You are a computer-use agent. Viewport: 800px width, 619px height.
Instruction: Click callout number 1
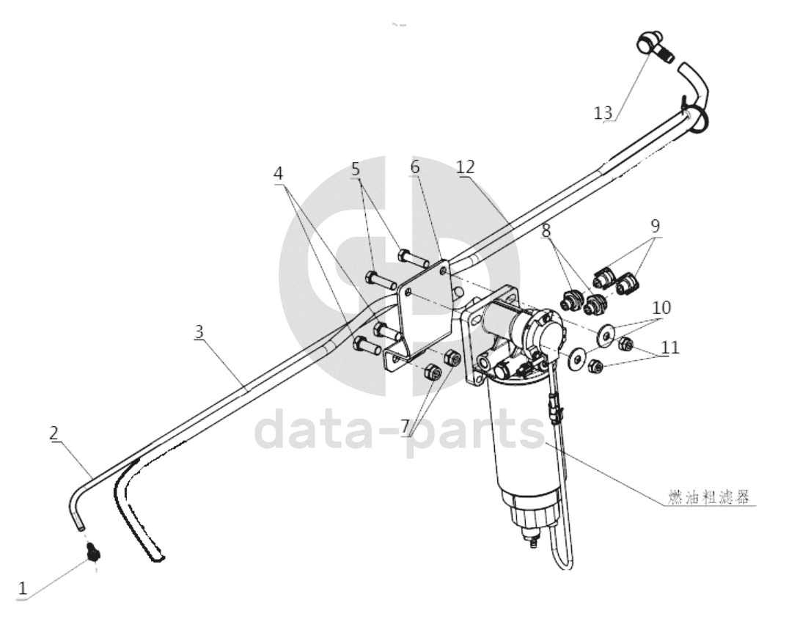[x=23, y=589]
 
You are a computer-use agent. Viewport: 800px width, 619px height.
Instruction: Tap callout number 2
[x=54, y=433]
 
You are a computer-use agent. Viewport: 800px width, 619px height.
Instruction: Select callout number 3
[x=199, y=332]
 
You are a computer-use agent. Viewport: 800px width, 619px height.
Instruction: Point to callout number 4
[x=278, y=174]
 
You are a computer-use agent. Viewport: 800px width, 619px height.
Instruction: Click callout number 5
[x=356, y=169]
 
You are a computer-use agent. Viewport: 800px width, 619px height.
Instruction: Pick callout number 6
[x=414, y=167]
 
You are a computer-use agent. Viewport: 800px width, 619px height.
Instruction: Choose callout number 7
[x=405, y=425]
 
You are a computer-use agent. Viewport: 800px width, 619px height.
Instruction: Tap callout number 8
[x=546, y=230]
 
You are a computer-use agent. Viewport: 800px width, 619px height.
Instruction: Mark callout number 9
[x=655, y=226]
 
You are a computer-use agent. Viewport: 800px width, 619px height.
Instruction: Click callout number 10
[x=661, y=307]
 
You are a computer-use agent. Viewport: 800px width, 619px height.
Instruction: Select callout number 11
[x=670, y=348]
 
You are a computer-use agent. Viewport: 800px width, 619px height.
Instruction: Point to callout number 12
[x=466, y=167]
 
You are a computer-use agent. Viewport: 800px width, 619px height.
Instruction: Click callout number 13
[x=603, y=113]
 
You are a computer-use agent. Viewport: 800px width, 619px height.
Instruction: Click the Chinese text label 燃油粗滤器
[x=709, y=497]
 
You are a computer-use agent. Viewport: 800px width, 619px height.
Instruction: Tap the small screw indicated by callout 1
[x=93, y=552]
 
